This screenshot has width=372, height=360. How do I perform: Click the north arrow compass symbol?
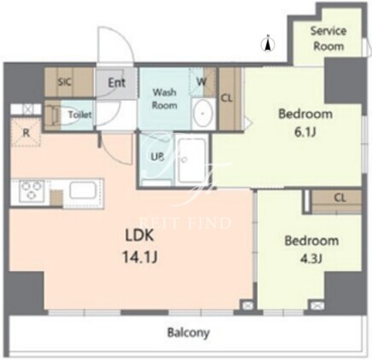[268, 44]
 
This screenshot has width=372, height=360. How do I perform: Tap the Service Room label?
[328, 38]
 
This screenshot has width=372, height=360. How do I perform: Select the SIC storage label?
[65, 82]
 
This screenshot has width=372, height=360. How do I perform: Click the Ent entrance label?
[117, 83]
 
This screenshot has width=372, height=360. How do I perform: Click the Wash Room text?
[165, 99]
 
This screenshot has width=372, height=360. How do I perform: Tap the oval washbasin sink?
[203, 113]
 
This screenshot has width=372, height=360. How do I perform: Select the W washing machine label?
[201, 82]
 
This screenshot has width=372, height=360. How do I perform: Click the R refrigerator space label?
[26, 132]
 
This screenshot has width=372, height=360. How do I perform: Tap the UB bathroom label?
[157, 157]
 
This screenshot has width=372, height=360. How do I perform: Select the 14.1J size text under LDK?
[140, 257]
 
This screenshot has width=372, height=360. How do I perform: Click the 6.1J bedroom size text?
[305, 132]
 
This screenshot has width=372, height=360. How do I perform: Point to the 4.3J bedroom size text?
[311, 258]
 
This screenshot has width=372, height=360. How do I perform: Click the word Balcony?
[189, 333]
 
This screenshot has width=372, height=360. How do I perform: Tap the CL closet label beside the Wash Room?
[227, 98]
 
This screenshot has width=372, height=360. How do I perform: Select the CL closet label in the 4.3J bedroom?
[340, 198]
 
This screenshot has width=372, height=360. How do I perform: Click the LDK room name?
[140, 235]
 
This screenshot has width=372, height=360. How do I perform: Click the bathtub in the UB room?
[191, 160]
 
